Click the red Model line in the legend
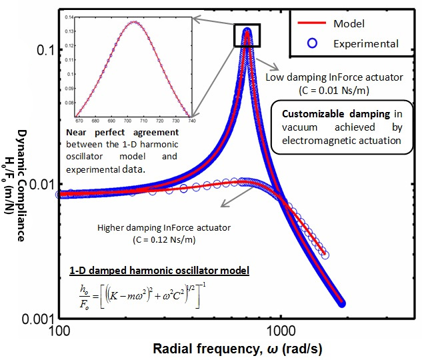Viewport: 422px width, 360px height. tap(309, 24)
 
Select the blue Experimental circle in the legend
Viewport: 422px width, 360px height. tap(309, 44)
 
